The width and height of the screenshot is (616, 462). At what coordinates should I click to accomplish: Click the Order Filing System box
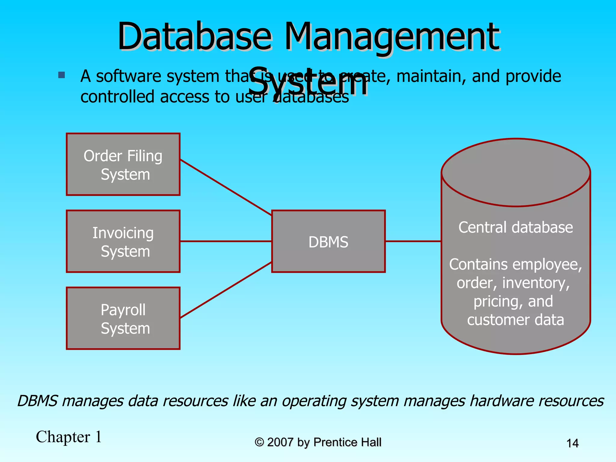click(123, 165)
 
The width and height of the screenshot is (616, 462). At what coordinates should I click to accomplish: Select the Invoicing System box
click(123, 242)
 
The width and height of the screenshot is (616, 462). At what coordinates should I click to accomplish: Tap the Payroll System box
click(123, 319)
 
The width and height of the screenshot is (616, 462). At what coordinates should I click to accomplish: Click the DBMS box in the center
click(328, 242)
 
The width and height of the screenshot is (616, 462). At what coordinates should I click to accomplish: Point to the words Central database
click(516, 227)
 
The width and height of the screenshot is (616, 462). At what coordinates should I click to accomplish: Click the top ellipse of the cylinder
click(516, 173)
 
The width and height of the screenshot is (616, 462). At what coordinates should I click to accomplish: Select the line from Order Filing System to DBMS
click(226, 188)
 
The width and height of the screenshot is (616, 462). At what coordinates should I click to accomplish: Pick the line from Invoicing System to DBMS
click(226, 241)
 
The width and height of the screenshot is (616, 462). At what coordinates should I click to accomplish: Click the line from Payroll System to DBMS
click(226, 290)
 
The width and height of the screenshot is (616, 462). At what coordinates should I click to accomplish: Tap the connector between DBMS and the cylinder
click(413, 241)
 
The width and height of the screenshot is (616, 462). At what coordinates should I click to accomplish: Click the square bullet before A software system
click(62, 75)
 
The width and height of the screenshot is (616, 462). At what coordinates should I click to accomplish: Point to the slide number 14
click(572, 443)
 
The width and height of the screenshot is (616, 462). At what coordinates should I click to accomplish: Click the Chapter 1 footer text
click(69, 437)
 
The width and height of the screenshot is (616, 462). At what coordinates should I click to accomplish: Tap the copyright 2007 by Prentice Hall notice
click(318, 442)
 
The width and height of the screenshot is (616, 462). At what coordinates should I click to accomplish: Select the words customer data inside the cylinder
click(516, 320)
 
